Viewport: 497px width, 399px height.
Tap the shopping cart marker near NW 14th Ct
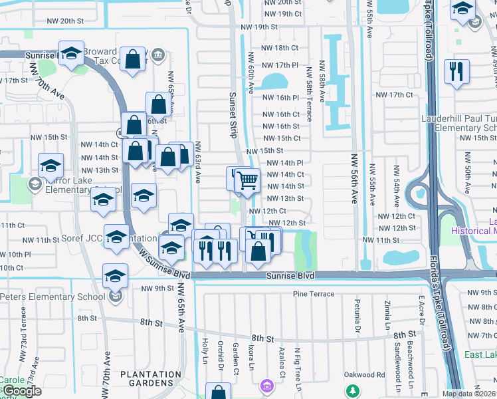[x=247, y=180]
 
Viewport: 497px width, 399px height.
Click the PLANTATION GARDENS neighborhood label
[x=150, y=378]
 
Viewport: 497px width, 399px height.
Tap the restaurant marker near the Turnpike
[x=456, y=72]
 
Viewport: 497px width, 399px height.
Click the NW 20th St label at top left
[x=64, y=21]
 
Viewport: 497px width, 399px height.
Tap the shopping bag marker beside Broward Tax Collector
[x=134, y=60]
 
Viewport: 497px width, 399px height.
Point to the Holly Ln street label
[x=205, y=346]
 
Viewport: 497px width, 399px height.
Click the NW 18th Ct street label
[x=281, y=48]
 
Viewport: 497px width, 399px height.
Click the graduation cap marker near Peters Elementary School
[x=115, y=276]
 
